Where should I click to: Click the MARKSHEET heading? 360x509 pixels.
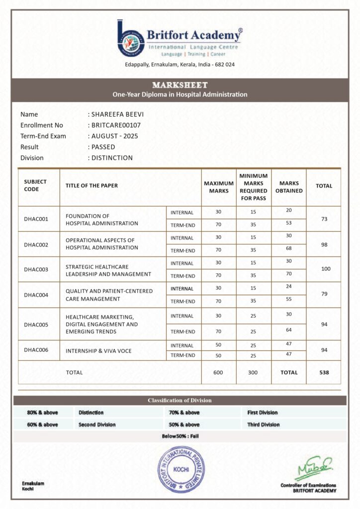click(180, 85)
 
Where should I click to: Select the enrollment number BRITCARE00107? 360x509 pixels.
click(114, 125)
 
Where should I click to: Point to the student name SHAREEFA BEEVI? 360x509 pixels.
click(116, 114)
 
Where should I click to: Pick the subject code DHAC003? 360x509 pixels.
click(36, 269)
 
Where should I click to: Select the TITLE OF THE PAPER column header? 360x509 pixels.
click(91, 186)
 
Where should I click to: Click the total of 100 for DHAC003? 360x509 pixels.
click(324, 269)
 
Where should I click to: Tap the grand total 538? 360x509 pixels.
click(324, 372)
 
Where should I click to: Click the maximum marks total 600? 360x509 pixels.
click(218, 372)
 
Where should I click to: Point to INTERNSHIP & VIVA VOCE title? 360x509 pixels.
click(98, 351)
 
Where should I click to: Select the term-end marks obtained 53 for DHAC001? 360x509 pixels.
click(289, 223)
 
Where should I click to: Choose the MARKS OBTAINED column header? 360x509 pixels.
click(289, 186)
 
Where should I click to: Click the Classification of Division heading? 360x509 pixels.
click(180, 401)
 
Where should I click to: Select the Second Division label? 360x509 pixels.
click(97, 425)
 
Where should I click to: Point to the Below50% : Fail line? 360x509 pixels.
click(180, 436)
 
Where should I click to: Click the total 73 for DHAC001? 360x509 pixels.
click(324, 219)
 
